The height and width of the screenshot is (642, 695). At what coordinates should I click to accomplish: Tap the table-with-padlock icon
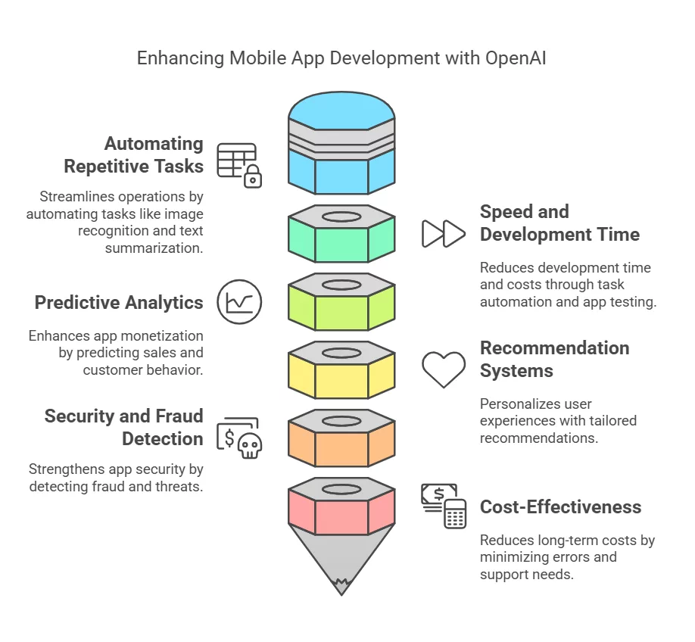(239, 164)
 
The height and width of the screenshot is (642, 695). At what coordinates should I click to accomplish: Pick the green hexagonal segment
(341, 241)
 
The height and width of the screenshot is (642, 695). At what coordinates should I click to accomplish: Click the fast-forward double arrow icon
(443, 234)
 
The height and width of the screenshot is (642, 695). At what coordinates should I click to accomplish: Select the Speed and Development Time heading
(559, 223)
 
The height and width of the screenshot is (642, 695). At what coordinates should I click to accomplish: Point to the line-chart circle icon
(239, 302)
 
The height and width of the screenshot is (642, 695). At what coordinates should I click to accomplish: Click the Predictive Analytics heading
(119, 303)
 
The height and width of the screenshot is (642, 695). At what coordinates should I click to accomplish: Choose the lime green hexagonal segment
(341, 309)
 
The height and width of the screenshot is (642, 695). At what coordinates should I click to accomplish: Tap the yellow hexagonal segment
(341, 377)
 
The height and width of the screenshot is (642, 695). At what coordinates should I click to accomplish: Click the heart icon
(444, 369)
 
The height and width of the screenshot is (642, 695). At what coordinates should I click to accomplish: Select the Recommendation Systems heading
(554, 360)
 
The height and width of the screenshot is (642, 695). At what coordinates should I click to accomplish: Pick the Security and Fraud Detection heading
(123, 428)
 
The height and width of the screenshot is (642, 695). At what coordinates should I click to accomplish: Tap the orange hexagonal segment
(341, 445)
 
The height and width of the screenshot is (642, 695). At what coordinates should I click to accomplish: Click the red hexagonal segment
(341, 513)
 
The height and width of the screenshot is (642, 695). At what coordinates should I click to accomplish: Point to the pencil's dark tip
(341, 585)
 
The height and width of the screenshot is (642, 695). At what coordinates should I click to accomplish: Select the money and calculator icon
(444, 506)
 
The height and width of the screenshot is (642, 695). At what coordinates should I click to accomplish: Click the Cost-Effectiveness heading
(560, 507)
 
